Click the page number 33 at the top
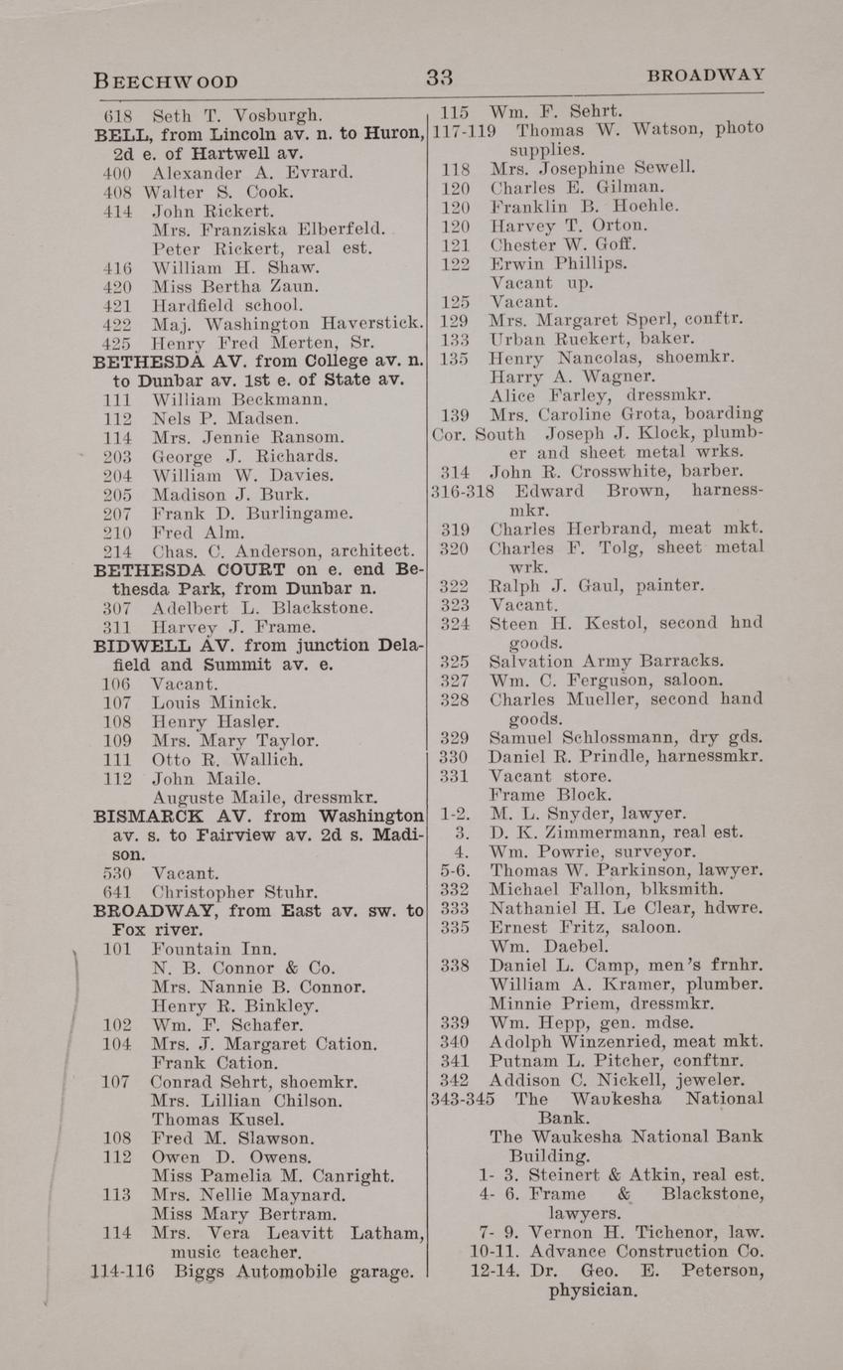[x=440, y=77]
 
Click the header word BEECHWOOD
[x=165, y=80]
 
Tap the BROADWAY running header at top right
[x=705, y=75]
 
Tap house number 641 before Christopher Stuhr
[x=117, y=891]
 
